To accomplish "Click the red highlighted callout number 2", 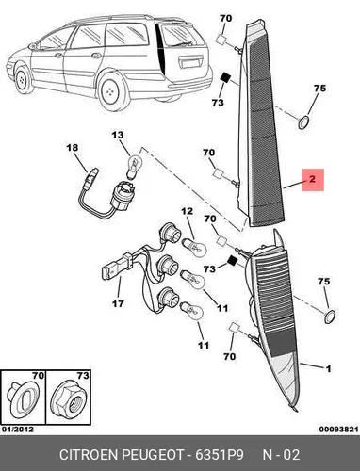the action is [312, 179].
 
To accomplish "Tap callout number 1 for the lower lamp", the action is [328, 368].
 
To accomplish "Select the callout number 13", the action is [118, 135].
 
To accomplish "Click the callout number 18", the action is [73, 148].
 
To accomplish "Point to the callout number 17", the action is [118, 303].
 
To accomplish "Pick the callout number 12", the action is [188, 211].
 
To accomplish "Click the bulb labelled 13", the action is [134, 165].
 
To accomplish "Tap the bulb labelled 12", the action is [195, 248].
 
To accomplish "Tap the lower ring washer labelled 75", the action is [330, 317].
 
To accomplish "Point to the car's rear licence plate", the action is [190, 63].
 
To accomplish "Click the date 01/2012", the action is [18, 429].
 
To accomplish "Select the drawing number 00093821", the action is [338, 430].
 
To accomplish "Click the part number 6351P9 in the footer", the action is [220, 455].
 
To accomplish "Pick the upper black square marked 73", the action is [225, 77].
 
